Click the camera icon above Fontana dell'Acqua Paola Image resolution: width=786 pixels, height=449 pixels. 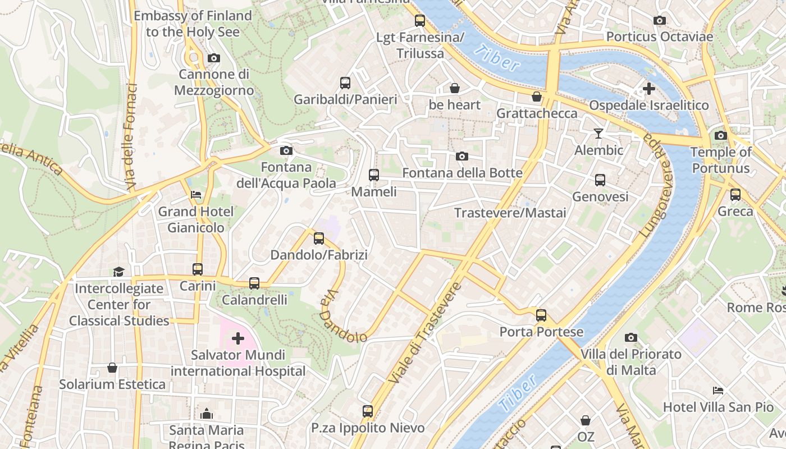coord(286,150)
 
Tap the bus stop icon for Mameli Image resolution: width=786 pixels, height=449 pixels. coord(374,175)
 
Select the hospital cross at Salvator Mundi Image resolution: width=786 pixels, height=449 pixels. coord(238,338)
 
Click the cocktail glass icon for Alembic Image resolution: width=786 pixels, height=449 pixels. coord(598,134)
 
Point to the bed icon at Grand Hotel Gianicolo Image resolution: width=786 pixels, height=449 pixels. coord(196,195)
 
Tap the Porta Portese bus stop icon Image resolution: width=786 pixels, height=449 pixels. coord(541,315)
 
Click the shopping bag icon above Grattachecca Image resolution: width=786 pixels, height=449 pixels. coord(537,97)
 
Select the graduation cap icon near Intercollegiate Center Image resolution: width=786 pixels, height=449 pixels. coord(118,272)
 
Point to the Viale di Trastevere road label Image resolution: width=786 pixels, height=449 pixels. coord(424,333)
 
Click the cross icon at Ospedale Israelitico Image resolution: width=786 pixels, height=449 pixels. coord(649,89)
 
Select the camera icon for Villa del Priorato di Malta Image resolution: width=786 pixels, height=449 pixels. coord(631,337)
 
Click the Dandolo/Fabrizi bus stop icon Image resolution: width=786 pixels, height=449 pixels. coord(319,239)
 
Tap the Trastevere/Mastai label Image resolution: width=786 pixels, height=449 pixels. coord(510,213)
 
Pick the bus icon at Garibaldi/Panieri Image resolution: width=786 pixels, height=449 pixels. coord(345,83)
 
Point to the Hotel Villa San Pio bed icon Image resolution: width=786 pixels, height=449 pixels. coord(718,390)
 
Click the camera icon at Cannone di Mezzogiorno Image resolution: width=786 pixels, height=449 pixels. coord(213,58)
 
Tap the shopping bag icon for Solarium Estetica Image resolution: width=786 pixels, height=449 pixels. coord(112,368)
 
